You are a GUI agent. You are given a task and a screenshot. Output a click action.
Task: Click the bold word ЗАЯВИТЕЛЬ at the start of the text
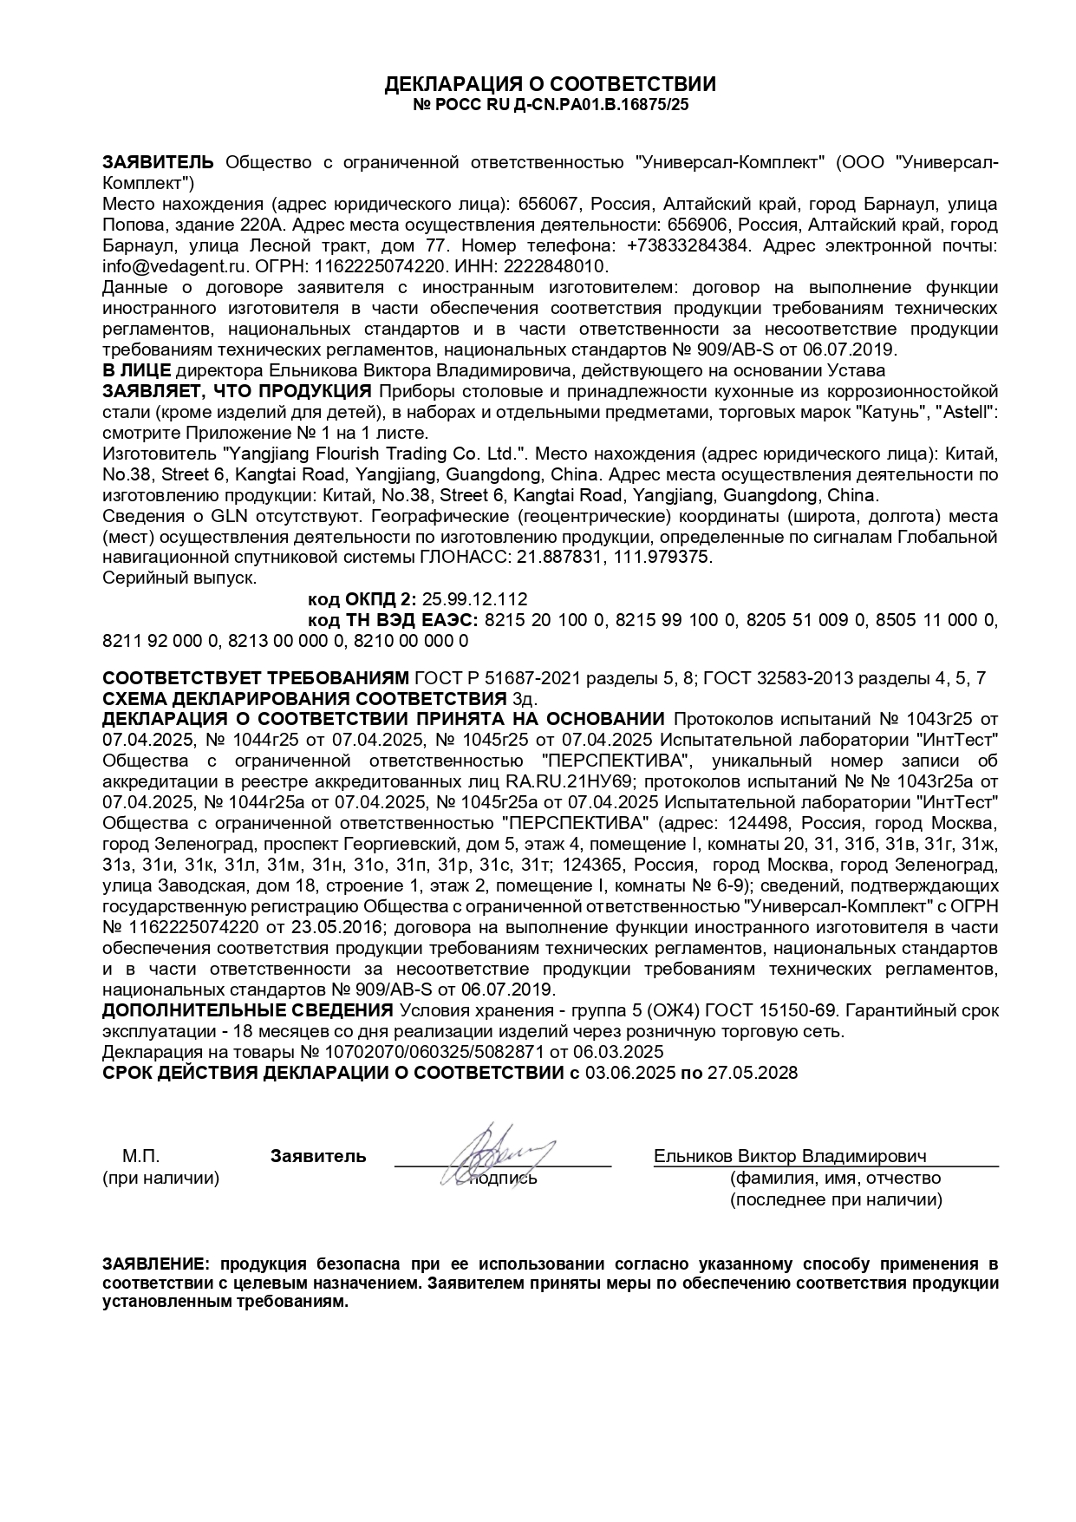(158, 162)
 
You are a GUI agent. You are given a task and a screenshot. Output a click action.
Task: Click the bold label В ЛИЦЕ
(136, 369)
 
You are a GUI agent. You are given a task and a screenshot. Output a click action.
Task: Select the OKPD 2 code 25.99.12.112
(474, 599)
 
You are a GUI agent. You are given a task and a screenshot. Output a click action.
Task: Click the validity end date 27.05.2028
(752, 1073)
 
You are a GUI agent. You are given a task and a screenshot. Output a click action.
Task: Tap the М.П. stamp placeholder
(140, 1156)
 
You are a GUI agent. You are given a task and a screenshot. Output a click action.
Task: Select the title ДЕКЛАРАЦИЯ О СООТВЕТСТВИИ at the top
(551, 84)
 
